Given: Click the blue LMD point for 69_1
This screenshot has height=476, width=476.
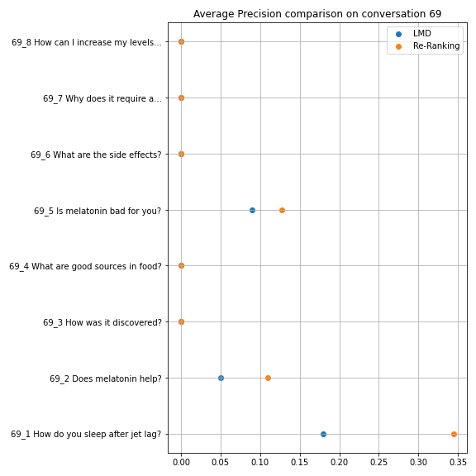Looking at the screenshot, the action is [323, 434].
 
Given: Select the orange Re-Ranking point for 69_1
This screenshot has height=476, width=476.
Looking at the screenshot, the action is [454, 434].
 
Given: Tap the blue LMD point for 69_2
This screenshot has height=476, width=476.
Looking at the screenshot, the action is [221, 378].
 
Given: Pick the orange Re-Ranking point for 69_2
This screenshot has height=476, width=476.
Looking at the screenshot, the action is [268, 378].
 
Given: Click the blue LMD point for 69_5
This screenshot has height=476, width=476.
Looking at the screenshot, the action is [252, 210].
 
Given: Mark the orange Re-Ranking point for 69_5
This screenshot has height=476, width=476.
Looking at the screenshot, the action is [282, 210].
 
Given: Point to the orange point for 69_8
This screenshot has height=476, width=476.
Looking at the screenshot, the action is [181, 41].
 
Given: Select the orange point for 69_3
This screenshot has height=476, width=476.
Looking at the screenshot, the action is [181, 321].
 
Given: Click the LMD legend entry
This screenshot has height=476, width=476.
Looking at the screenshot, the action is [413, 34].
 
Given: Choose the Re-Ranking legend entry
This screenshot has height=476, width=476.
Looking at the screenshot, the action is [428, 45].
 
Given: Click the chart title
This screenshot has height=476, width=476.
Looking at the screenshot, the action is [317, 14].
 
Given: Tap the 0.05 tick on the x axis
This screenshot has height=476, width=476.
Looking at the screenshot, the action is [221, 462].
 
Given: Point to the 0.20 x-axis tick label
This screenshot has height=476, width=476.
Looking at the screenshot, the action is [340, 462].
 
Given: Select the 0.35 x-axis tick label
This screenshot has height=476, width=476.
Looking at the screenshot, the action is [458, 462].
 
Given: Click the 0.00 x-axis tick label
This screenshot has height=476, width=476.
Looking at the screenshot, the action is [181, 462].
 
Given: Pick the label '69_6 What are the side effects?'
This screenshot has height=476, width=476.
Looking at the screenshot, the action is [96, 155].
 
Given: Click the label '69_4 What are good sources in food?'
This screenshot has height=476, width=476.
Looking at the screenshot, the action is [85, 266].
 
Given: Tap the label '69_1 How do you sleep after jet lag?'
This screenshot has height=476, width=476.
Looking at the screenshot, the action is [86, 435].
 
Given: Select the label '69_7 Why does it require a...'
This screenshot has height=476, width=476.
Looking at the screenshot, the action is [102, 98].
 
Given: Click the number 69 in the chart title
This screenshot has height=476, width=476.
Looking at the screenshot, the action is [436, 14].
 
